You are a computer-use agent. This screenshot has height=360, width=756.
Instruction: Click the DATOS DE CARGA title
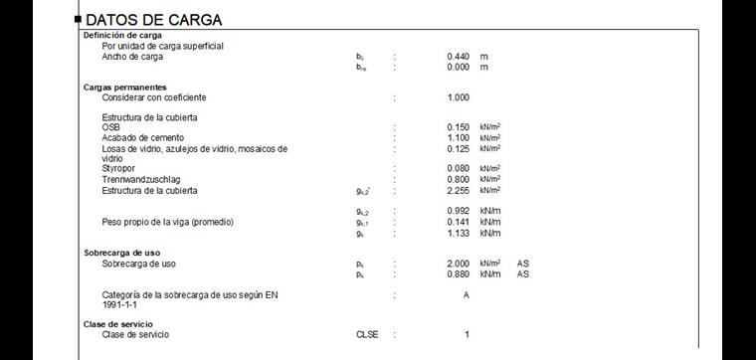[x=154, y=20]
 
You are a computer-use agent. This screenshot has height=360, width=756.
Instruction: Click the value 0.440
[x=458, y=57]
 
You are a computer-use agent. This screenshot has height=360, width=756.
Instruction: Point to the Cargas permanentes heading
[x=124, y=88]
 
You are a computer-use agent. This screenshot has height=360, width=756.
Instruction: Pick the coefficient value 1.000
[x=458, y=97]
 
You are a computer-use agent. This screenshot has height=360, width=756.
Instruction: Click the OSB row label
[x=110, y=127]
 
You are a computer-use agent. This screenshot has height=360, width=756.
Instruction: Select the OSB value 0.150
[x=458, y=127]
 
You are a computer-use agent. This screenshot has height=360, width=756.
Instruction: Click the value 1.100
[x=458, y=138]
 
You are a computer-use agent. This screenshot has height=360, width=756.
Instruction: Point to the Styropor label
[x=120, y=169]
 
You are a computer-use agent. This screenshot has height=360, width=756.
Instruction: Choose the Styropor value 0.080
[x=458, y=169]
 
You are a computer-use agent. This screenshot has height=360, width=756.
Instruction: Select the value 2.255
[x=458, y=190]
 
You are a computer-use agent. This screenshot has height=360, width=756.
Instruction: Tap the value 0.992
[x=458, y=212]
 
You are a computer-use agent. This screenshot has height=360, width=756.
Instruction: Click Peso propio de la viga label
[x=167, y=222]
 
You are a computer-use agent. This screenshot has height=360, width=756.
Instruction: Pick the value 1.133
[x=458, y=233]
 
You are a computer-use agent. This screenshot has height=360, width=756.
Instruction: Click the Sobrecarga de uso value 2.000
[x=458, y=264]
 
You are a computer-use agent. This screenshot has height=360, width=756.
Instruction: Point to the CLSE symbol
[x=368, y=335]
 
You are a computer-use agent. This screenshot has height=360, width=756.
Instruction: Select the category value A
[x=466, y=295]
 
